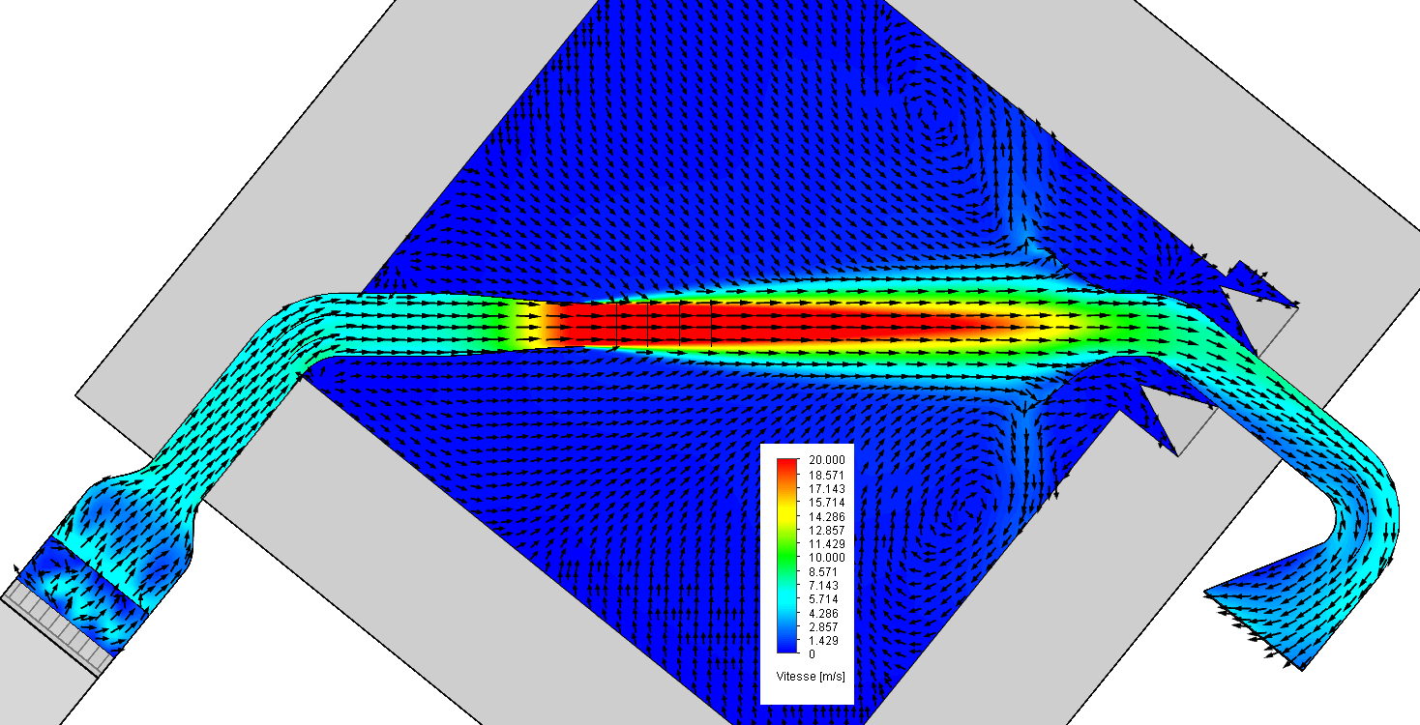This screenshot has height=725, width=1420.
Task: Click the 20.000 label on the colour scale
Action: [826, 461]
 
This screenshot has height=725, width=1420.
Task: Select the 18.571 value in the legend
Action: [826, 476]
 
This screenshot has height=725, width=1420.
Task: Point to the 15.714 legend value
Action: [826, 503]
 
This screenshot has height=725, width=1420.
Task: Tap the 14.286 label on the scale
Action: [826, 516]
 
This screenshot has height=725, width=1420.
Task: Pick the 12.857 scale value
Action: [826, 531]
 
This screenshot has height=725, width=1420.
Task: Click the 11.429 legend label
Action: [826, 544]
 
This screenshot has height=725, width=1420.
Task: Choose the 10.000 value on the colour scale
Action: [826, 558]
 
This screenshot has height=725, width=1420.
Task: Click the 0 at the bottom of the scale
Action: [814, 653]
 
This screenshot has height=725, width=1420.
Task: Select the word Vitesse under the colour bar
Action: [794, 676]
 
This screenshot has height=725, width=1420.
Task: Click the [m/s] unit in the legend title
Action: [830, 676]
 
